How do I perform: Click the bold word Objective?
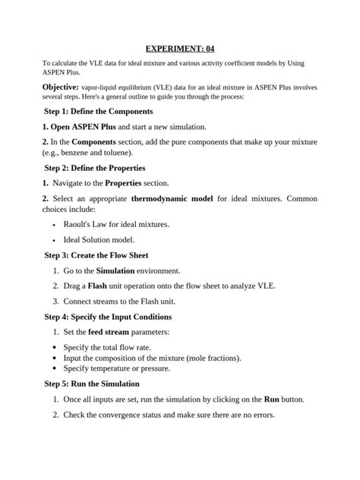tap(60, 87)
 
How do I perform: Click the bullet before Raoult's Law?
tap(55, 226)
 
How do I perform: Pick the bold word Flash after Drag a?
tap(97, 286)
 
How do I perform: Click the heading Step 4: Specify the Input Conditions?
tap(109, 317)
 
